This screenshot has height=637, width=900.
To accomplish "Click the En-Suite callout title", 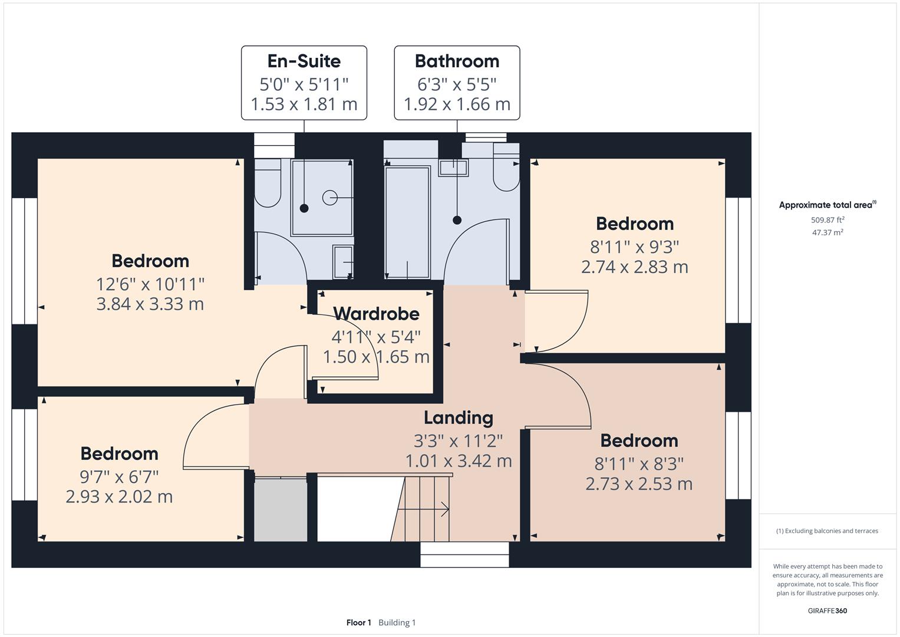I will click(x=304, y=61).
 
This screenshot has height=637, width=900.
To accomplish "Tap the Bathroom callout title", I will click(x=457, y=61).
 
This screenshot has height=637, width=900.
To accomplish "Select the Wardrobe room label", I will click(x=376, y=314).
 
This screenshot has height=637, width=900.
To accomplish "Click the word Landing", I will click(x=459, y=418).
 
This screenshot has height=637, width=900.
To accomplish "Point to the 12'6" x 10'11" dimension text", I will click(x=150, y=284).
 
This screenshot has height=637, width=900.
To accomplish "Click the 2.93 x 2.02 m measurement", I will click(x=119, y=497).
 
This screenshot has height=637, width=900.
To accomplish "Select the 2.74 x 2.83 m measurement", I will click(x=634, y=267).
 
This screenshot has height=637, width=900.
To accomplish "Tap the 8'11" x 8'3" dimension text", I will click(x=639, y=464).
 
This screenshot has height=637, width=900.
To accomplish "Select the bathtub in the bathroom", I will click(x=407, y=222).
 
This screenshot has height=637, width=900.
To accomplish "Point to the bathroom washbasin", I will click(x=453, y=168).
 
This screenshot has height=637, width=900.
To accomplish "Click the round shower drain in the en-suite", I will click(x=329, y=198).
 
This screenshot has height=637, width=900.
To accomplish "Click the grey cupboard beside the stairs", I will click(x=281, y=510).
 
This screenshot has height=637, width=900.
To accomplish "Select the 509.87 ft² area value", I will click(x=828, y=220).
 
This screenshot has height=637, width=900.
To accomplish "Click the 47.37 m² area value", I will click(x=828, y=232).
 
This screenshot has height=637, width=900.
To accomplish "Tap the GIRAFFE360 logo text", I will click(x=827, y=610).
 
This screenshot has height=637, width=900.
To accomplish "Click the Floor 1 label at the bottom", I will click(x=358, y=623).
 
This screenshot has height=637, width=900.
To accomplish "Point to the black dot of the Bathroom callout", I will click(x=457, y=220).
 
